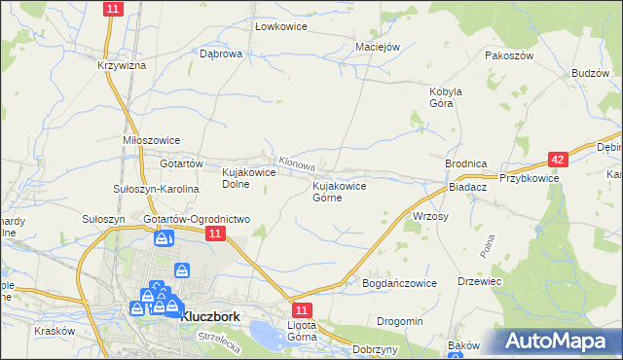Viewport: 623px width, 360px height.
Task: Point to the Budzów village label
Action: pos(591,73)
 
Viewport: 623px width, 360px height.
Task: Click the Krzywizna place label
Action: pos(122,65)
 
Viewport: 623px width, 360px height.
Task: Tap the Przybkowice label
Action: pos(529,178)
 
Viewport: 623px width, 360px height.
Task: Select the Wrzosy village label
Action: pos(430,216)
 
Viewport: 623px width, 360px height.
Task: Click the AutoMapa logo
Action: pos(561,342)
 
